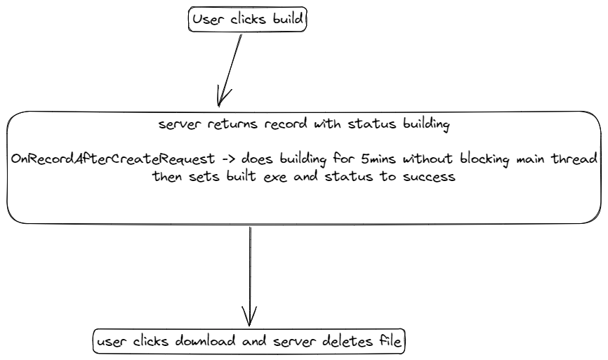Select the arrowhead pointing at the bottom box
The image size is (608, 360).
pos(249,316)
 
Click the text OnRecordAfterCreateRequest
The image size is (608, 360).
pos(112,159)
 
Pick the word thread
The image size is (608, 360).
pos(579,159)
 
